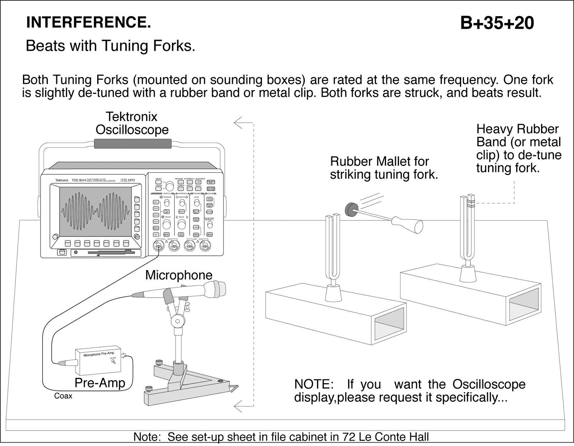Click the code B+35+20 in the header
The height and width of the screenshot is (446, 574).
(x=497, y=23)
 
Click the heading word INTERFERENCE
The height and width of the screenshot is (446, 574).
(x=88, y=22)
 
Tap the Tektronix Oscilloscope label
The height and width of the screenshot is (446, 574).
(x=132, y=123)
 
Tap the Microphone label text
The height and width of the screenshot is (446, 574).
(x=179, y=275)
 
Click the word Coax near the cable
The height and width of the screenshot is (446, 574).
(x=63, y=396)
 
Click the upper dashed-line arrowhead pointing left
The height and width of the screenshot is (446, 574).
(x=238, y=123)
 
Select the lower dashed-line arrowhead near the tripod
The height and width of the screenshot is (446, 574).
(x=238, y=407)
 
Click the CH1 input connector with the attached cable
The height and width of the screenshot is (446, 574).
(x=158, y=247)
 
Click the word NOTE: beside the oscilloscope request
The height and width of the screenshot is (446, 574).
(x=313, y=384)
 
